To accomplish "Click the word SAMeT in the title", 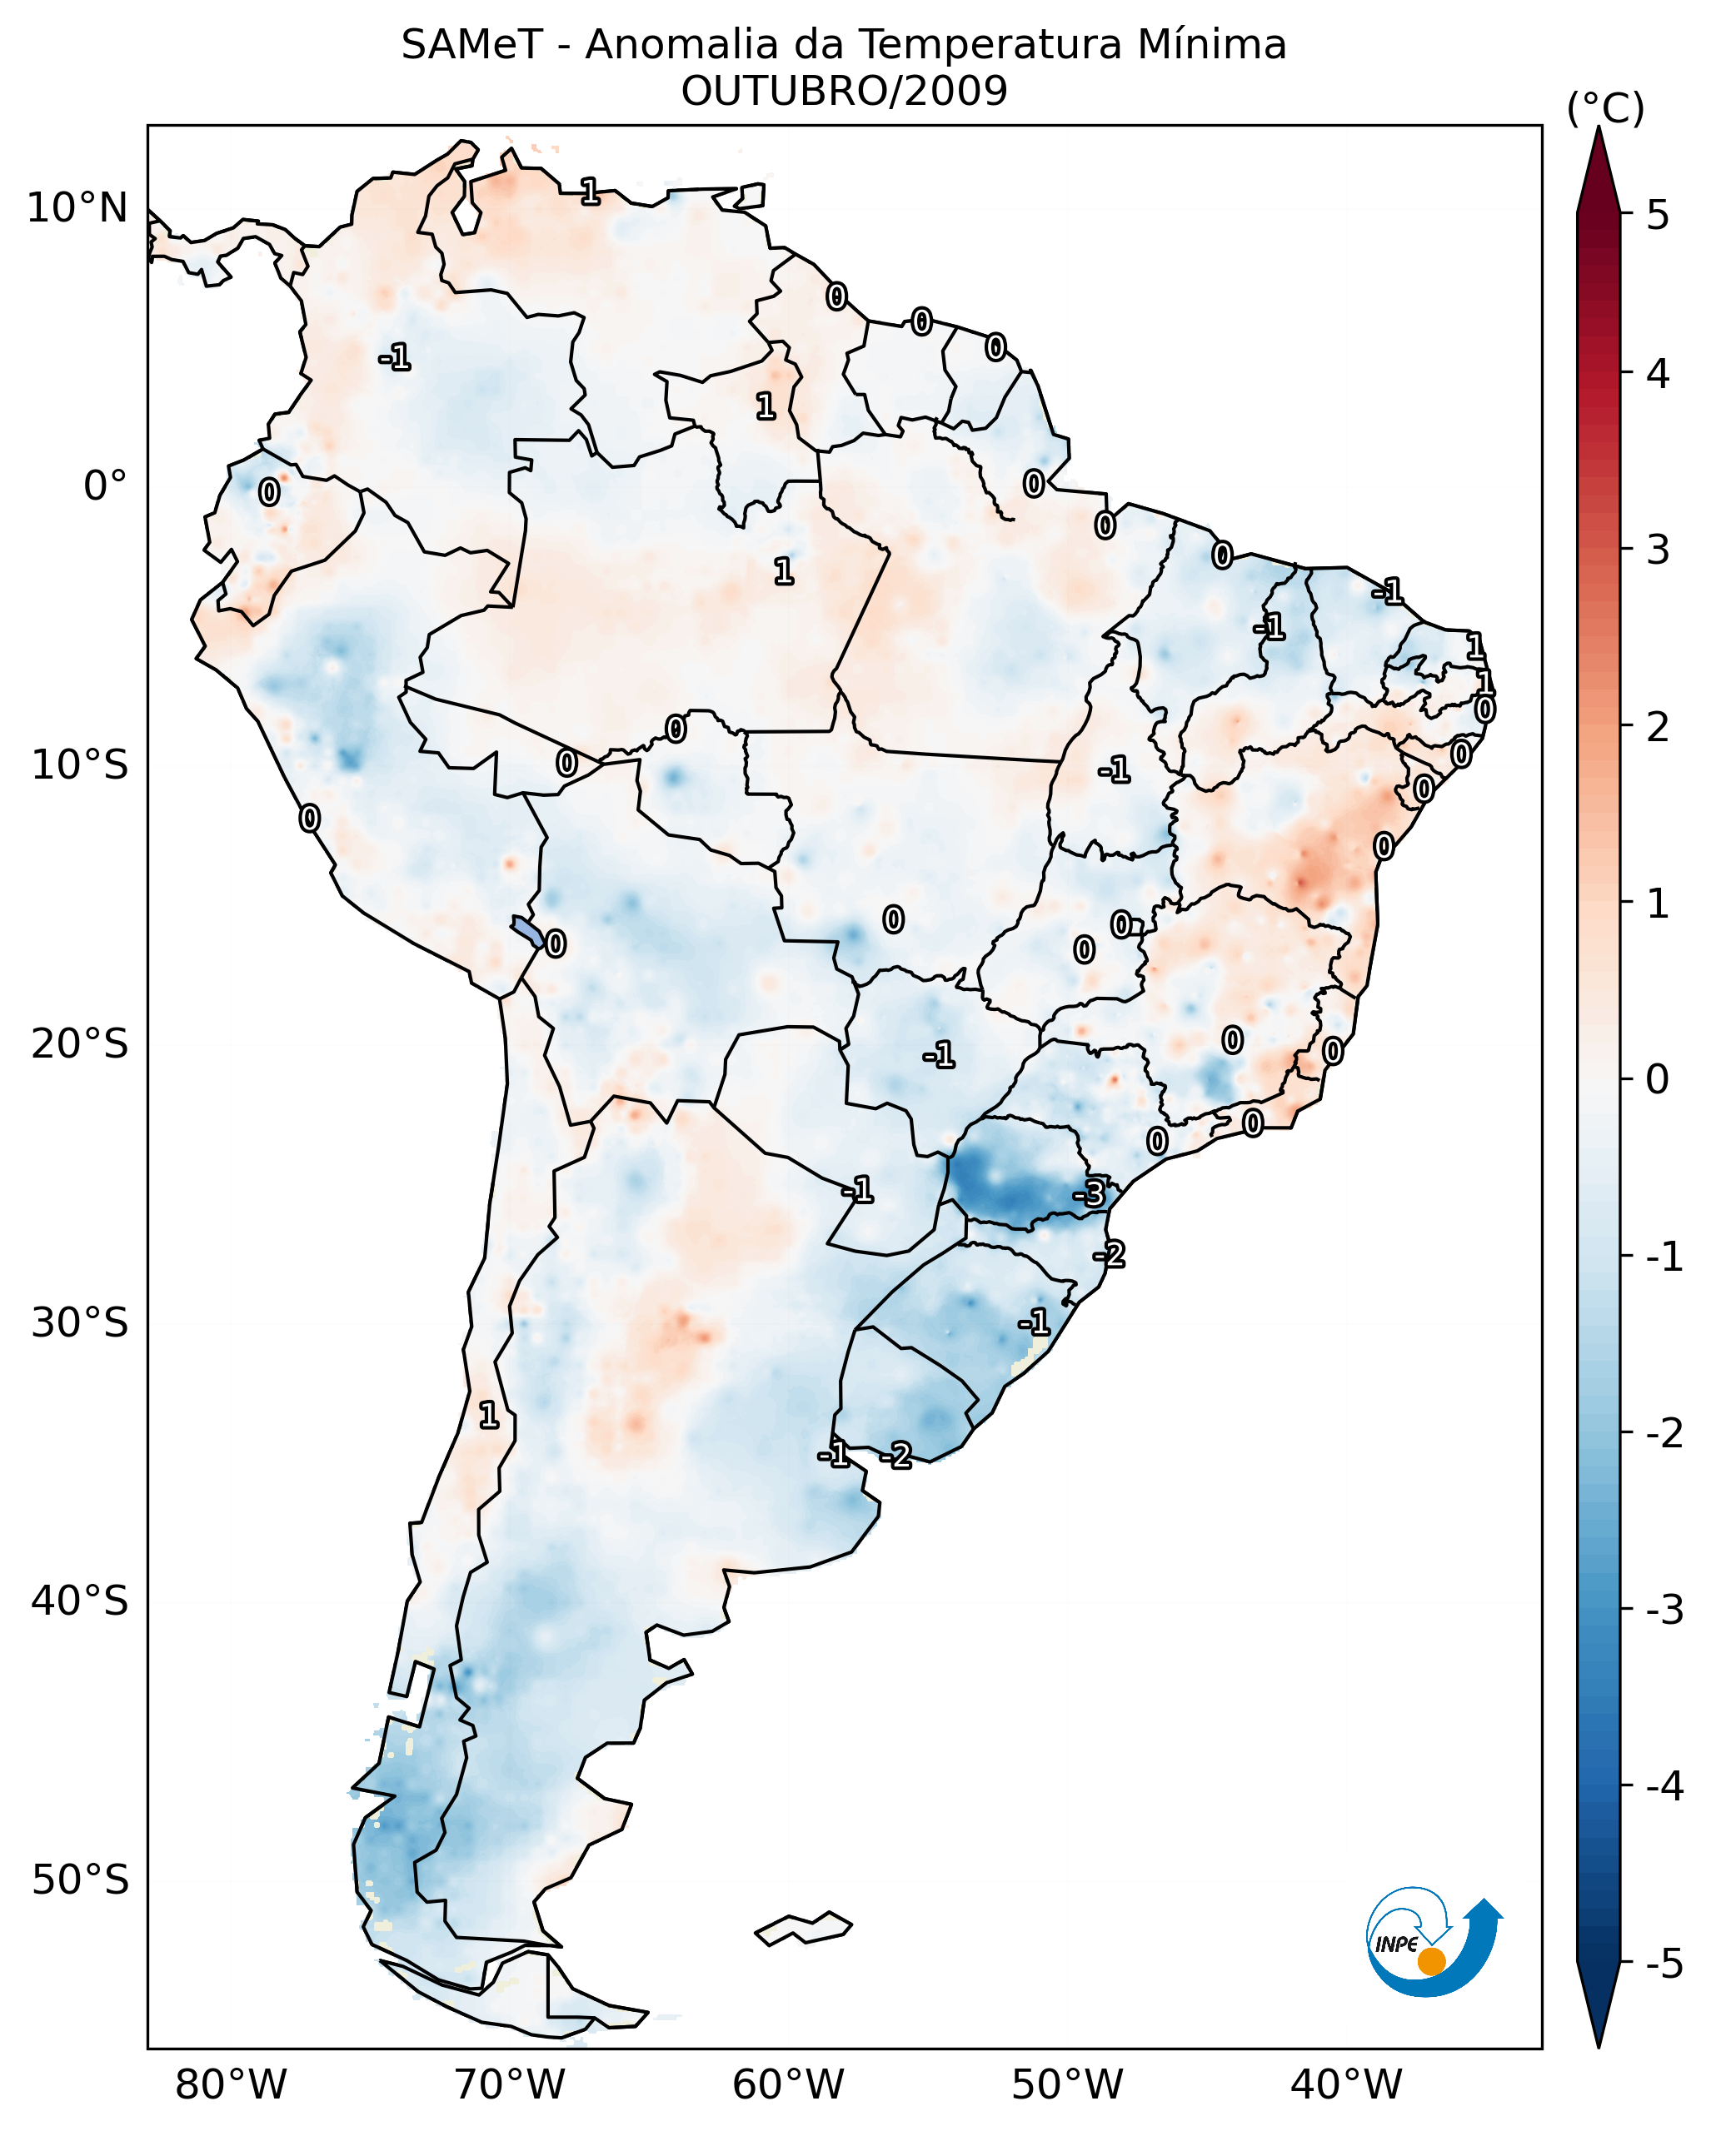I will click(471, 46).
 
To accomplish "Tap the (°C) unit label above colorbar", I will click(1605, 109).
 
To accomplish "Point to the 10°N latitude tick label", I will click(77, 208).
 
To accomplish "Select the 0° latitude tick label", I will click(105, 486).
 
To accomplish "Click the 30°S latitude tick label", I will click(79, 1322).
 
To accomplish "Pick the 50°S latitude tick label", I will click(79, 1880).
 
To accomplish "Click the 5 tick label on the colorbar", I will click(1658, 215).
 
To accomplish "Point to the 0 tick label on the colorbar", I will click(1658, 1078).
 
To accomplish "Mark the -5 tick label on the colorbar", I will click(1664, 1964).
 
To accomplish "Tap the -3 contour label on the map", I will click(1090, 1194).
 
